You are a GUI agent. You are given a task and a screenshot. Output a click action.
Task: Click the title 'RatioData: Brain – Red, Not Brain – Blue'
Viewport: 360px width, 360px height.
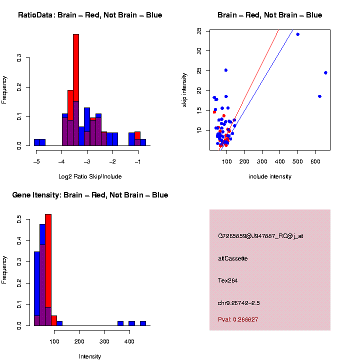(90, 15)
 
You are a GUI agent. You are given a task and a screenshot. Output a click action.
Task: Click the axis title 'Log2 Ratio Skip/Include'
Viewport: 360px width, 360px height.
(90, 176)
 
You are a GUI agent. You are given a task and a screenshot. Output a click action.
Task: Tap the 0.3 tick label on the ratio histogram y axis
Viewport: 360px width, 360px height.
(19, 58)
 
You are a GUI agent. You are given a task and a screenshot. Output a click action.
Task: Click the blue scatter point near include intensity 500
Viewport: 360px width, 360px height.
(297, 34)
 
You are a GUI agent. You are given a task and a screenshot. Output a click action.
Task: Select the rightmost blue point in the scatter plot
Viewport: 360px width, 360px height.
(325, 72)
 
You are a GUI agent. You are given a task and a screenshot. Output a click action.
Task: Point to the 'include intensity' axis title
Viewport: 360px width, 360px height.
(270, 176)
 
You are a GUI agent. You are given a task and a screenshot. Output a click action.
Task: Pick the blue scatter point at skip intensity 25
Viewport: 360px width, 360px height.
(226, 70)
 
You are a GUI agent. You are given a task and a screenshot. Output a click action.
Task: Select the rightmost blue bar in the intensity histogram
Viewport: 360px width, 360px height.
(143, 323)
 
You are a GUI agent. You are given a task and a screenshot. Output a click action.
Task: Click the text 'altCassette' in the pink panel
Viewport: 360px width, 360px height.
(233, 258)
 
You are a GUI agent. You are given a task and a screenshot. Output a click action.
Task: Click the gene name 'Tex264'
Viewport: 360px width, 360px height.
(228, 280)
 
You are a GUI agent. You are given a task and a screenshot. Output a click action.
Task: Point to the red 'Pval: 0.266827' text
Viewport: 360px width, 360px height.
(238, 319)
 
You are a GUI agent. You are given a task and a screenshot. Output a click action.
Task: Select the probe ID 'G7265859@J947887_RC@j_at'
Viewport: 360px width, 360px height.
(260, 236)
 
